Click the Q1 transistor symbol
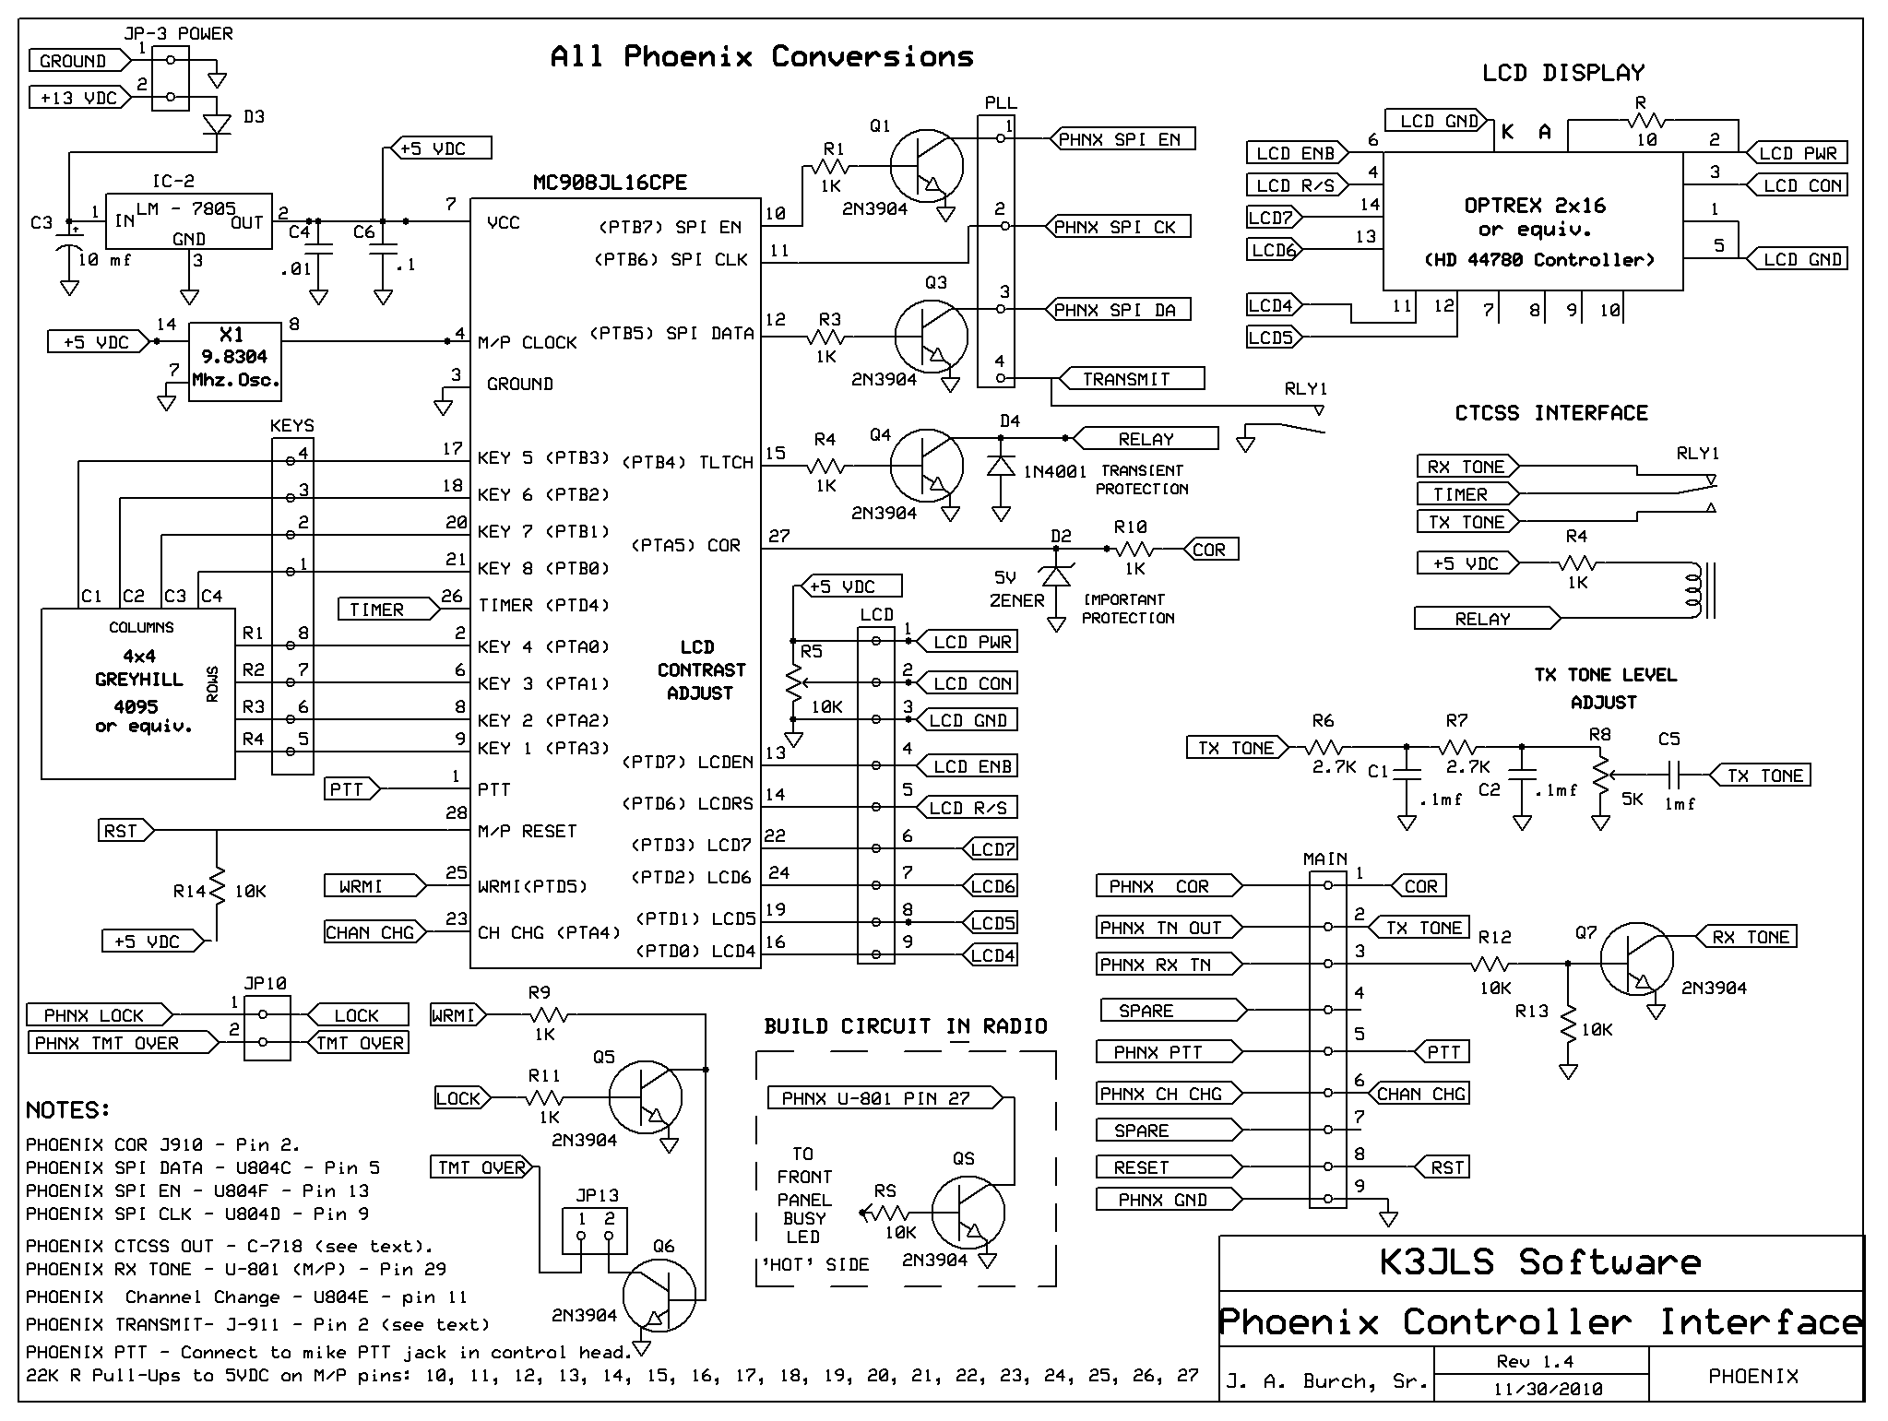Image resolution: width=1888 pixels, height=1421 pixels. click(x=926, y=167)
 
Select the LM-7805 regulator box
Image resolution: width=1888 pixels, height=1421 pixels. click(x=189, y=220)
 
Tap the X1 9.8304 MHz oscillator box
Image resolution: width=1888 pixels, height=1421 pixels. click(x=235, y=361)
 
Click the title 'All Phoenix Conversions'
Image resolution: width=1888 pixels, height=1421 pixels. click(x=762, y=57)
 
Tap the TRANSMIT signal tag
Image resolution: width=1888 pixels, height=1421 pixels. click(x=1131, y=378)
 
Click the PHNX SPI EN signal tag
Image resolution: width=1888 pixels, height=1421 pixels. click(x=1122, y=139)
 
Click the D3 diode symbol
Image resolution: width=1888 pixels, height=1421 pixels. click(x=218, y=124)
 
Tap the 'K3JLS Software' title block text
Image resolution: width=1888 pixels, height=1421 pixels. click(x=1540, y=1262)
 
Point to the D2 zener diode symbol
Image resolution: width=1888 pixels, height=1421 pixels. click(x=1056, y=575)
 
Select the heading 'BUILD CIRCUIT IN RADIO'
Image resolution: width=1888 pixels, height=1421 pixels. click(x=906, y=1026)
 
